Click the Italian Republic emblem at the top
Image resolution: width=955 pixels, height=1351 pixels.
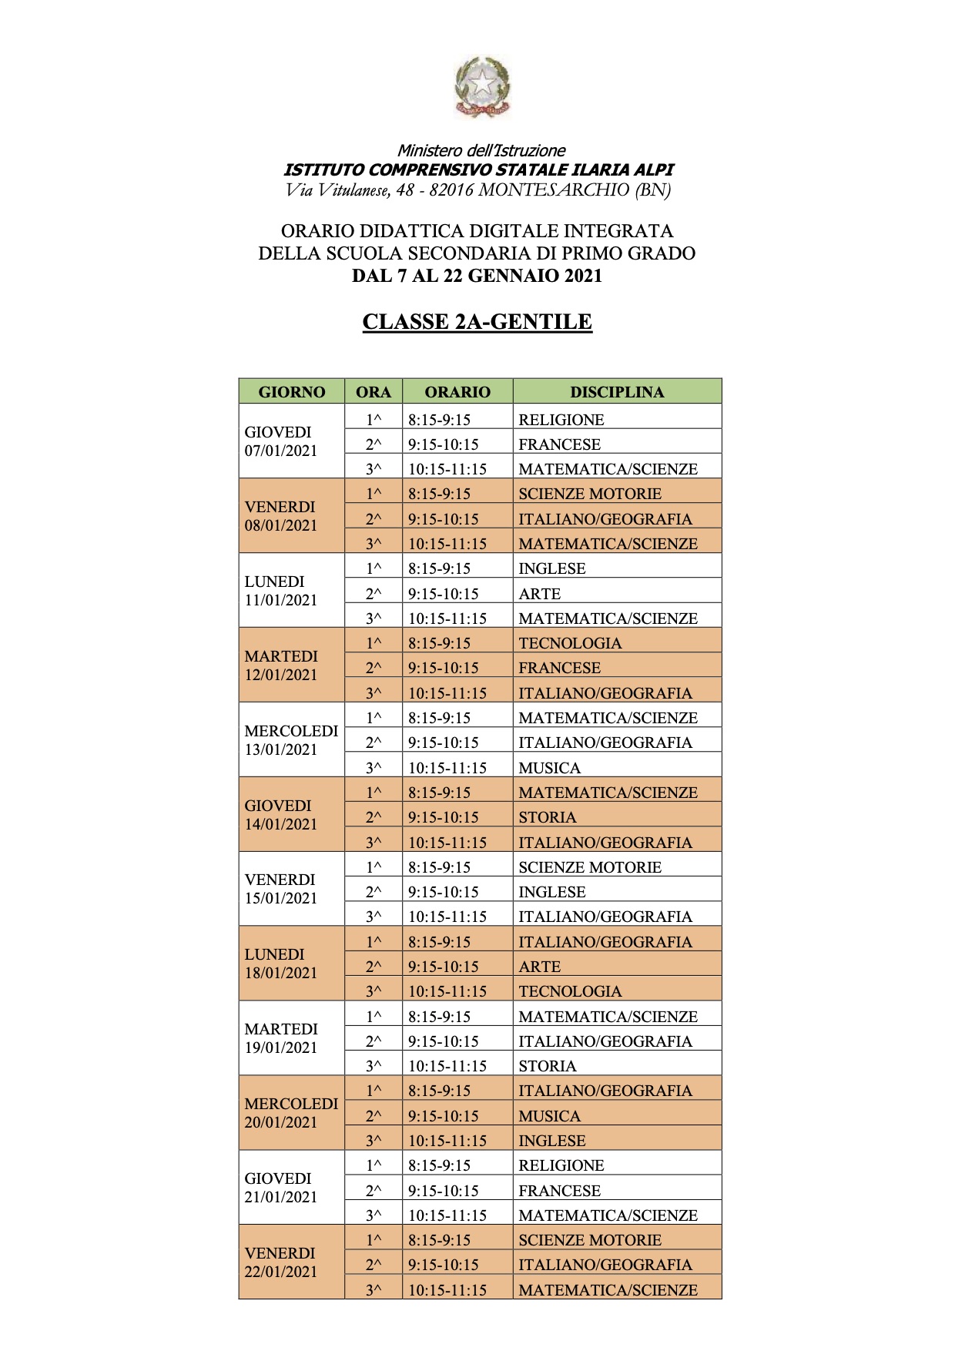pos(481,86)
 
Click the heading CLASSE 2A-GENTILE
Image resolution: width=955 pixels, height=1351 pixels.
pos(477,322)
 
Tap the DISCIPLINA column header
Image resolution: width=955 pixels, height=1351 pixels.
pos(617,391)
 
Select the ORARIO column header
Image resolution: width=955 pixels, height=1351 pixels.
pos(457,391)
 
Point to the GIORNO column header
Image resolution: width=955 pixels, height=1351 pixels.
pos(292,391)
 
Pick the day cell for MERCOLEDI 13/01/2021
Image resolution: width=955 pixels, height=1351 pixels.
pos(291,740)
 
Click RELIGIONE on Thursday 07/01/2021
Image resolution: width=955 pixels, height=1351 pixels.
pos(561,420)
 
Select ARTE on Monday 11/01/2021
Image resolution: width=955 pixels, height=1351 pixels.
pos(540,594)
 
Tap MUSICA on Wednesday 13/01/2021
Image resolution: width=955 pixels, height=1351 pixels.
pos(550,768)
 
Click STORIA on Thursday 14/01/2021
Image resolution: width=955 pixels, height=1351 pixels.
pos(548,817)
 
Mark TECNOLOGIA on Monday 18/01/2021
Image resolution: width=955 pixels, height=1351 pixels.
pos(570,991)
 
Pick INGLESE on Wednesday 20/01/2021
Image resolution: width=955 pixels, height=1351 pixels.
pos(552,1141)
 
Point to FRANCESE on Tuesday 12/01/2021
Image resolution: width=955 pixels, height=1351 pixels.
pos(560,668)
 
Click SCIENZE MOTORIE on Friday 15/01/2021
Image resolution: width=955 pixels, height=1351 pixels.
pos(590,867)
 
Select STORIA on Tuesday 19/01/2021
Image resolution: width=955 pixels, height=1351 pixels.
pos(548,1066)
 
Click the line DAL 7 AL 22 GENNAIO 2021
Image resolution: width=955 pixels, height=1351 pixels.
pos(477,276)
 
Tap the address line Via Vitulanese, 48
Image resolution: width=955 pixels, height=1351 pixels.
pos(477,190)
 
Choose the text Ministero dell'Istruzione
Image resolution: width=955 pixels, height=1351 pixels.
pos(481,151)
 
